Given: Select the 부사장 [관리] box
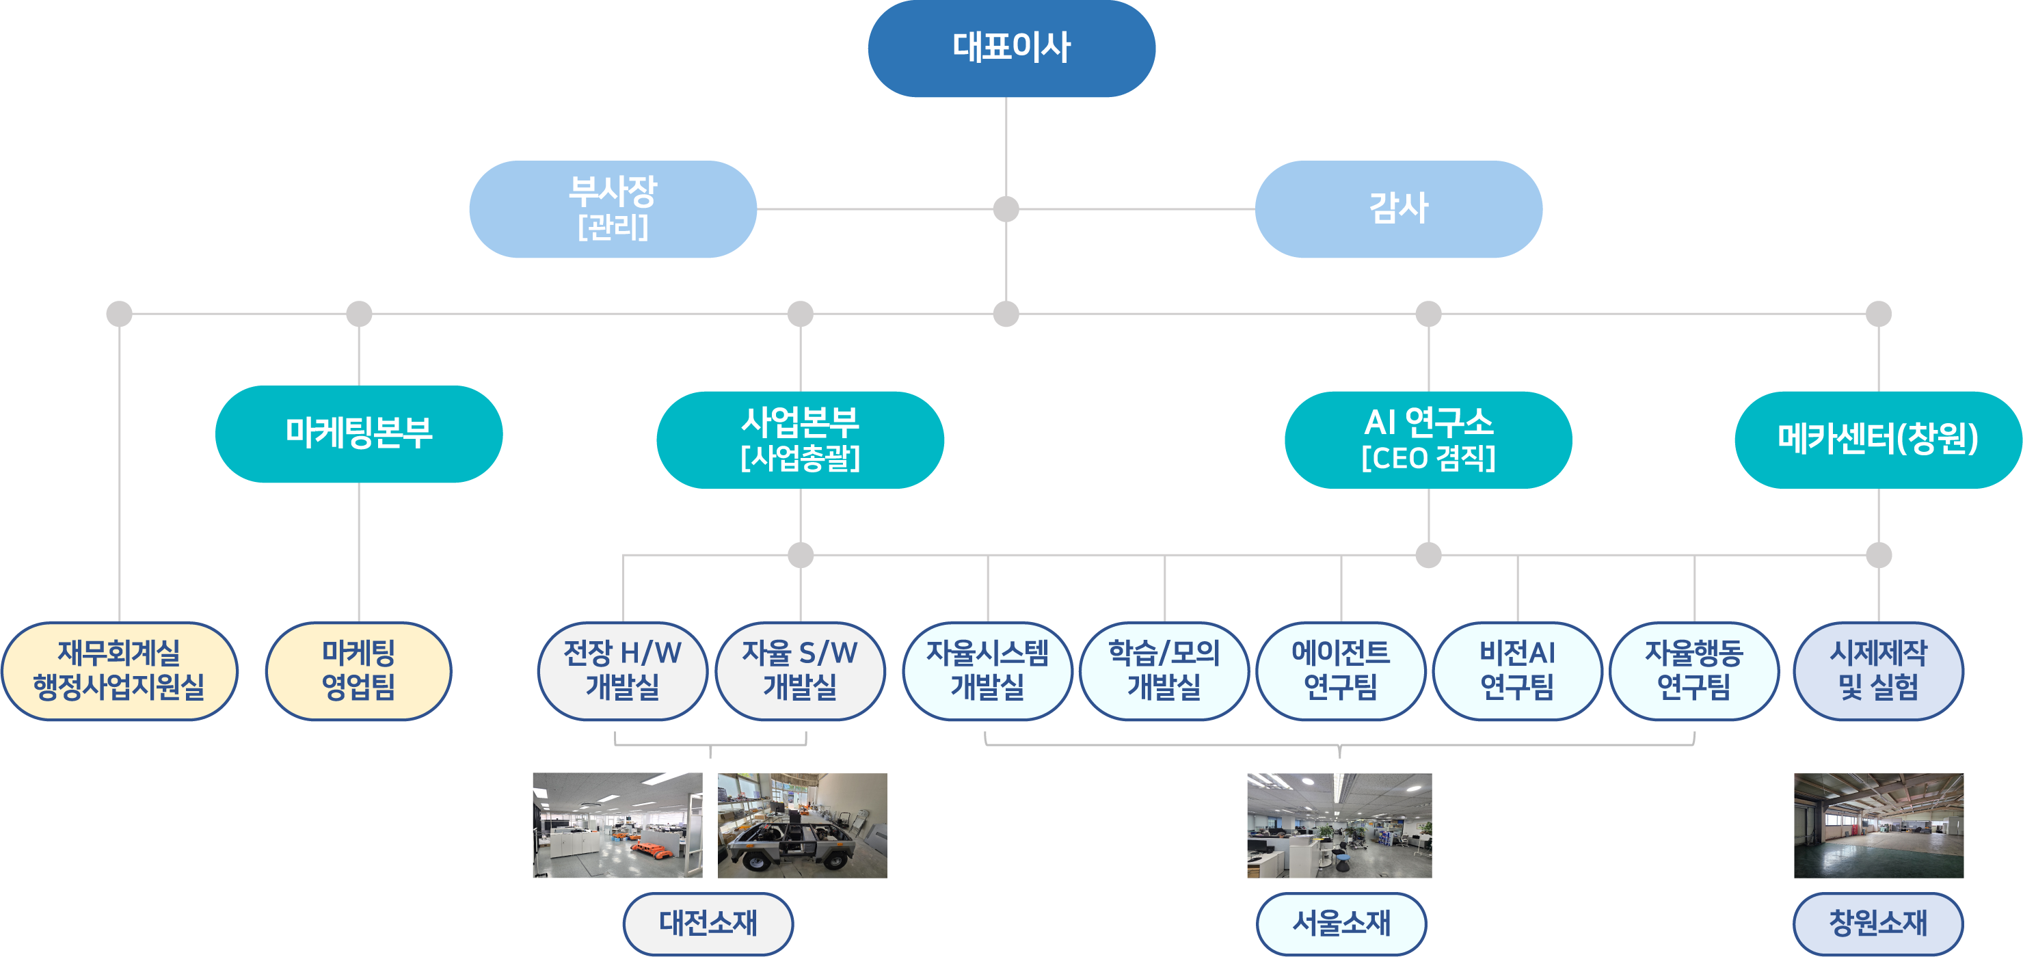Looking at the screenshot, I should coord(613,208).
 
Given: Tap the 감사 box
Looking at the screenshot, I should coord(1398,208).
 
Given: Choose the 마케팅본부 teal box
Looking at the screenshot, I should coord(359,433).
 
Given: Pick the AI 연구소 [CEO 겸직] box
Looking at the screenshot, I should coord(1428,440).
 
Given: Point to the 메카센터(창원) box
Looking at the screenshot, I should coord(1877,440).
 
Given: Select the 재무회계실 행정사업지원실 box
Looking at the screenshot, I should coord(120,671).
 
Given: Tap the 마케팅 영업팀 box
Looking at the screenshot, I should coord(359,671).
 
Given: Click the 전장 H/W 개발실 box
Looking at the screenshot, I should coord(622,671).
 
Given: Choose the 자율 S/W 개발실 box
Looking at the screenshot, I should coord(799,671).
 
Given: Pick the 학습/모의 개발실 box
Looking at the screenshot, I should coord(1164,671).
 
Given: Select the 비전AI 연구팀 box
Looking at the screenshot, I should coord(1517,671).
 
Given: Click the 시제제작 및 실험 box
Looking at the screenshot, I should coord(1877,671).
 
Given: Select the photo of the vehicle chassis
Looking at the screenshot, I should coord(802,825).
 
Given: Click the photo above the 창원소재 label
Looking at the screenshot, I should coord(1877,825).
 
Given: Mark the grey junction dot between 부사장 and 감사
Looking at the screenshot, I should coord(1006,208).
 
